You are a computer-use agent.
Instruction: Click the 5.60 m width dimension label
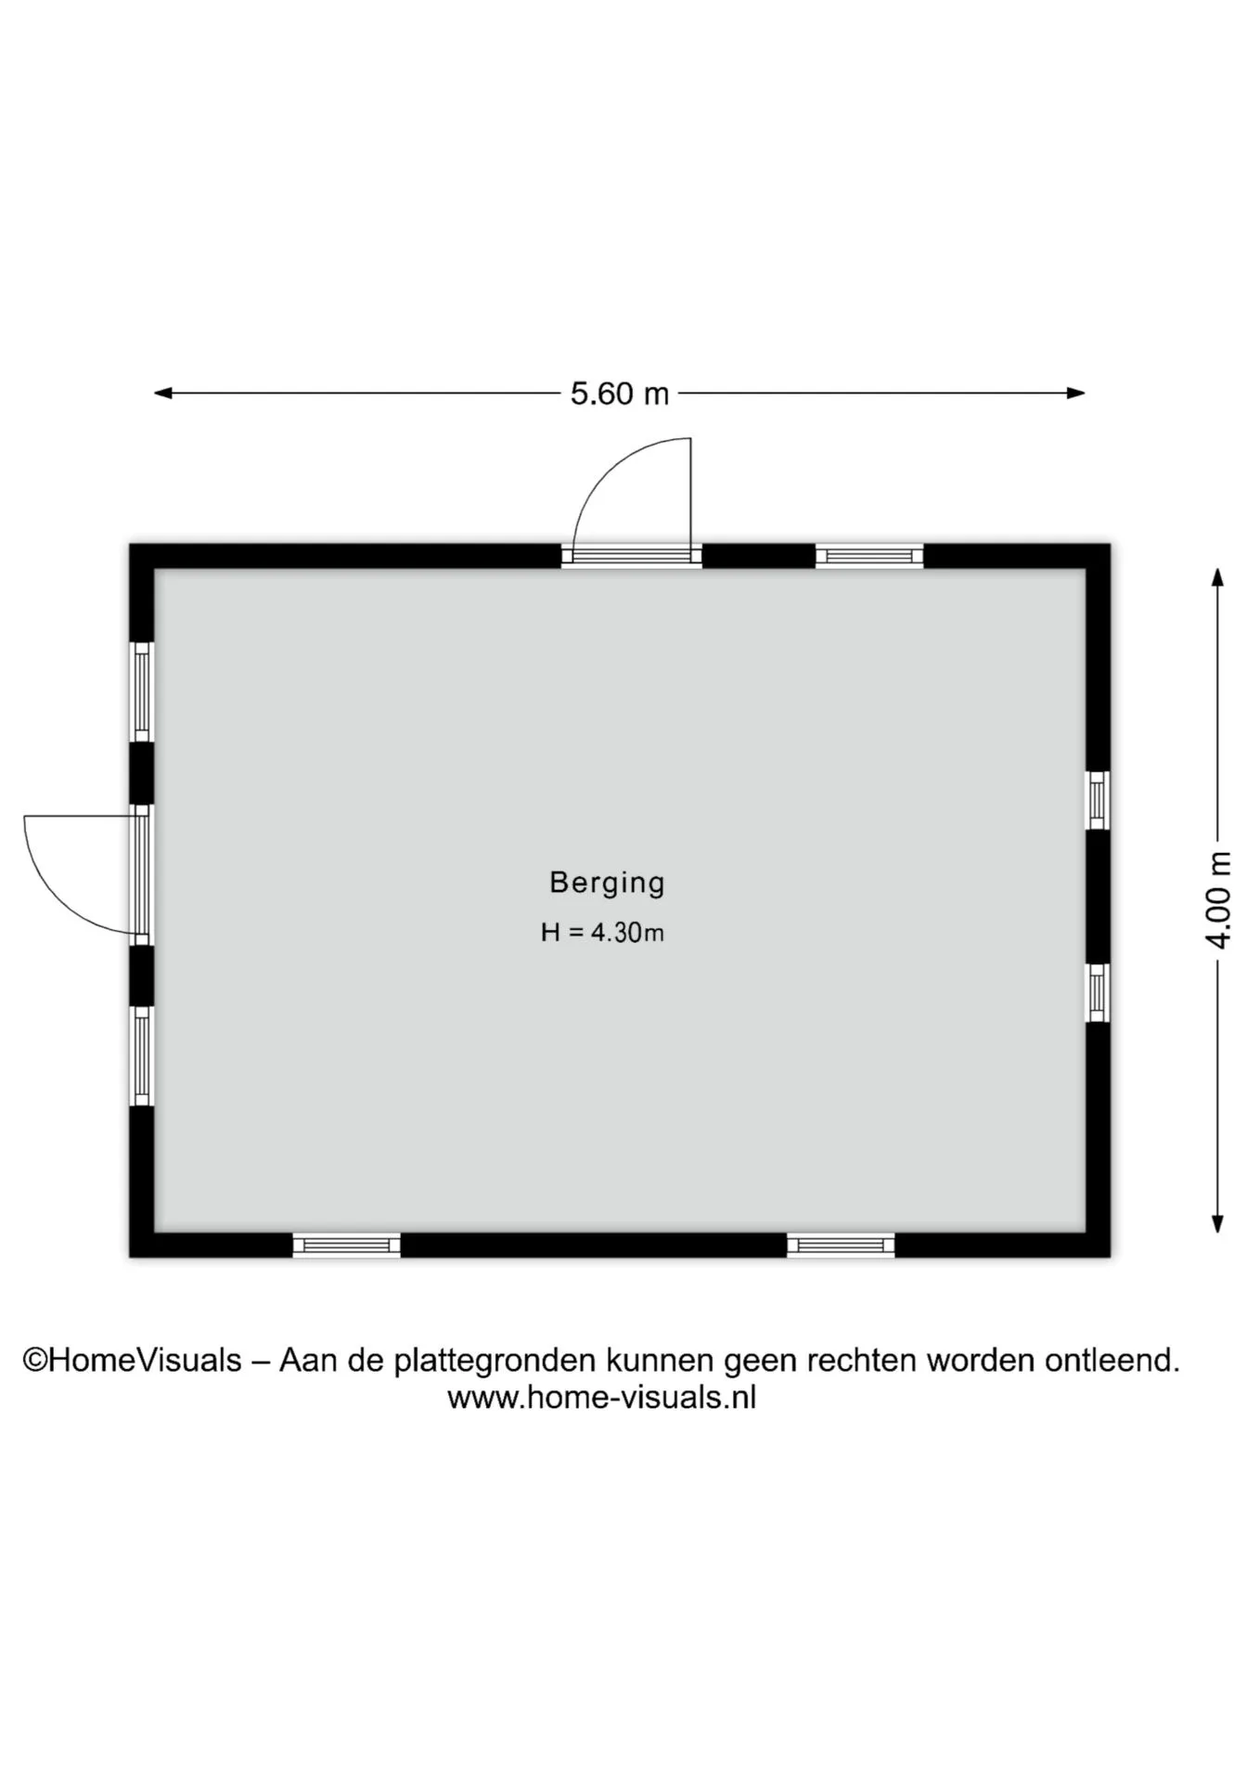pos(620,394)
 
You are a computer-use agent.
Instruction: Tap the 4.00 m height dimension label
pos(1218,900)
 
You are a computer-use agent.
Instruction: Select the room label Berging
pos(608,883)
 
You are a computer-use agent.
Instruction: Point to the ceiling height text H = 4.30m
pos(603,932)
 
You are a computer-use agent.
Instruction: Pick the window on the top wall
pos(869,556)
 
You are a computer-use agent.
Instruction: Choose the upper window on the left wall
pos(141,691)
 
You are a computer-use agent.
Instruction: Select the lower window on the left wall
pos(141,1056)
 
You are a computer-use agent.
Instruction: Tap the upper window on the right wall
pos(1098,800)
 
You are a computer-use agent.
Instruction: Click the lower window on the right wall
pos(1098,993)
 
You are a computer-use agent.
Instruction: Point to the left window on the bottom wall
pos(346,1246)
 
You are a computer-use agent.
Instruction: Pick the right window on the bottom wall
pos(841,1246)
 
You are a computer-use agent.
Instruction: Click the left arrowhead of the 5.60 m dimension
pos(162,393)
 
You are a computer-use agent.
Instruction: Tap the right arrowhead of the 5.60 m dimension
pos(1076,393)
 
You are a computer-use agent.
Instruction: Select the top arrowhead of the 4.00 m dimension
pos(1218,577)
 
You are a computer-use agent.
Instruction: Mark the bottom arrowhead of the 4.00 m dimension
pos(1218,1223)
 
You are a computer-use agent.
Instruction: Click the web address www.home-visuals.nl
pos(601,1398)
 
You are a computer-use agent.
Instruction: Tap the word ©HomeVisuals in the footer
pos(132,1361)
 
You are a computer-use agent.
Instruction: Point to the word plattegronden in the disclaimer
pos(495,1362)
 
